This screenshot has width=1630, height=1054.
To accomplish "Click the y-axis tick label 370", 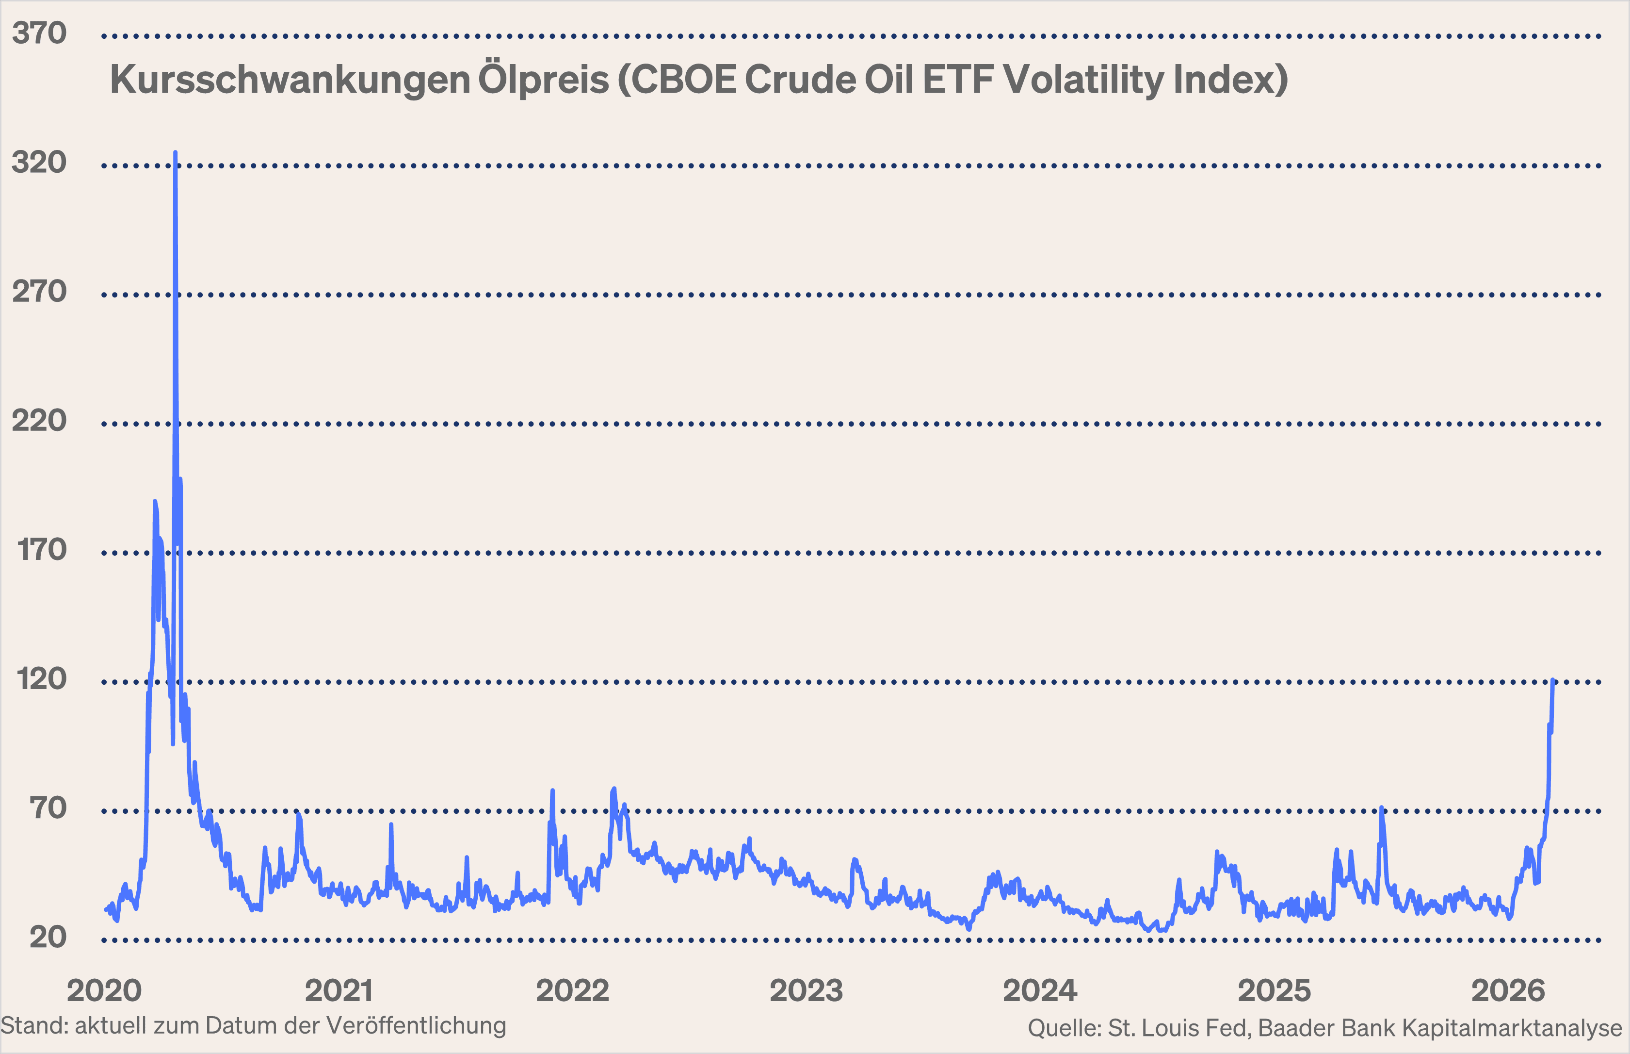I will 39,33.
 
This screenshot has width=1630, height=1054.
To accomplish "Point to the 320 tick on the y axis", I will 39,162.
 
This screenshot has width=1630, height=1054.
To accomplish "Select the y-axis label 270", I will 39,292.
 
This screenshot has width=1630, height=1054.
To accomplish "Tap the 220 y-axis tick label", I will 39,420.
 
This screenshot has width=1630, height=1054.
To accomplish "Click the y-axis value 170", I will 42,550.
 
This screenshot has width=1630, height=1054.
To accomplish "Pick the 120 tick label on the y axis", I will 42,679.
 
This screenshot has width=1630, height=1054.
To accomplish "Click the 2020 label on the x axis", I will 104,990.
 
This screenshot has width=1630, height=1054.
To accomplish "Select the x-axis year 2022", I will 573,990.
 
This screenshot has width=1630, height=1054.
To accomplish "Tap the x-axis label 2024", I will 1040,990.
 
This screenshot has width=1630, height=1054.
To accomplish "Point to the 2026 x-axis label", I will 1508,990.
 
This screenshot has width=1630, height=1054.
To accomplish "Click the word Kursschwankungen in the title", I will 290,80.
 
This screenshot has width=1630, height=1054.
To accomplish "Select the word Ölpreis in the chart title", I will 543,80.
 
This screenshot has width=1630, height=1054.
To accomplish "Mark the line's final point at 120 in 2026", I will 1553,680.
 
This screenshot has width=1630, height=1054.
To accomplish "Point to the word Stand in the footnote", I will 32,1026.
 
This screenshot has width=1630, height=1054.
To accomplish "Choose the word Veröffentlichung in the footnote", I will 416,1026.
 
